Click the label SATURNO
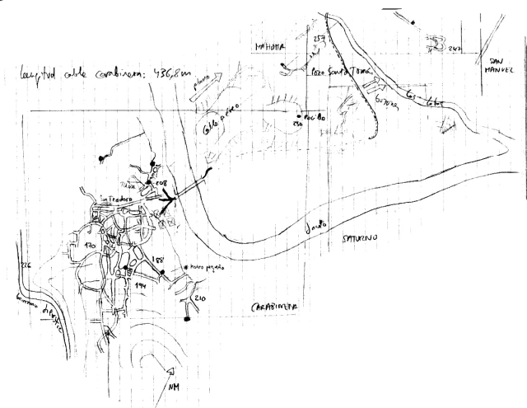pyautogui.click(x=357, y=237)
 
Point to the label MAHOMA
pyautogui.click(x=269, y=47)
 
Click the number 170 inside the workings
pyautogui.click(x=91, y=246)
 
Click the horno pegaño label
pyautogui.click(x=207, y=268)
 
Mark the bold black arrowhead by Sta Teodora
pyautogui.click(x=170, y=198)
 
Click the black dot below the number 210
pyautogui.click(x=188, y=317)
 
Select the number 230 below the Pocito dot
pyautogui.click(x=298, y=124)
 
